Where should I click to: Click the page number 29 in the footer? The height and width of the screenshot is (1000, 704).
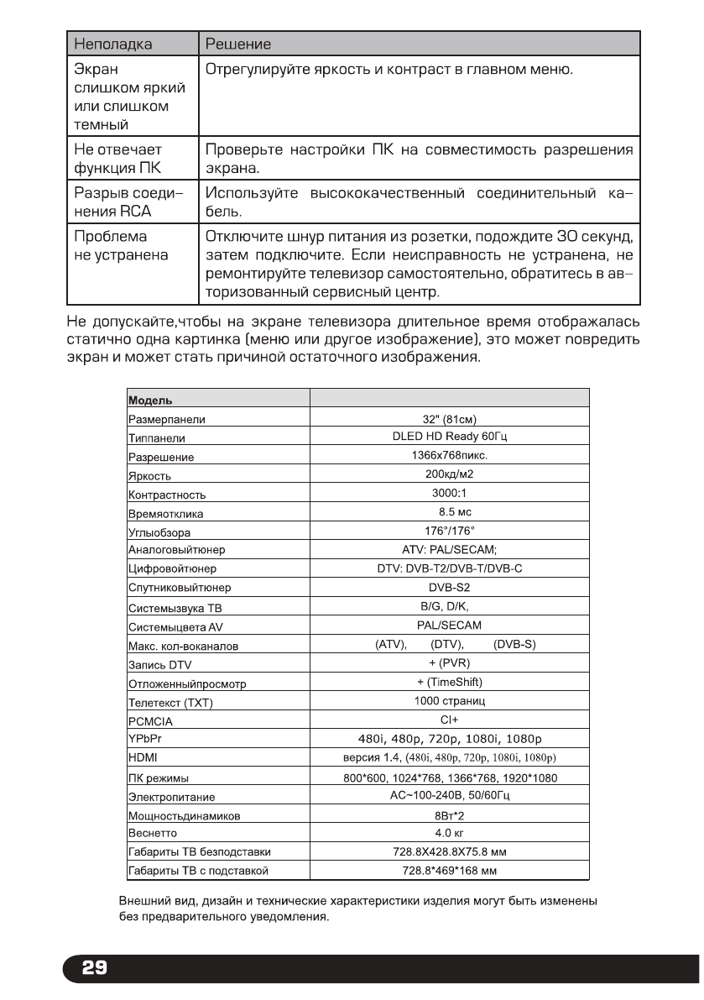coord(93,968)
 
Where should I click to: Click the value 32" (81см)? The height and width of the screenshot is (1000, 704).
coord(450,420)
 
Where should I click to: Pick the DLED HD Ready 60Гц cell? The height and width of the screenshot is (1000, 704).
coord(450,437)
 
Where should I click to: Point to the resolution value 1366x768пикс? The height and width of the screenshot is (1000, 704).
coord(450,456)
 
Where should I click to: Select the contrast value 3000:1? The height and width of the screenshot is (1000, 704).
coord(450,494)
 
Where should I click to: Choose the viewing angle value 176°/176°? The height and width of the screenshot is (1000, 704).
coord(450,530)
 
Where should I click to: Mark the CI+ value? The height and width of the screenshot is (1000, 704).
coord(450,720)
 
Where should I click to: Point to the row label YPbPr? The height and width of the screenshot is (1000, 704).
coord(142,739)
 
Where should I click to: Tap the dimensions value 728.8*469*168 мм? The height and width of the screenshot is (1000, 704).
coord(450,870)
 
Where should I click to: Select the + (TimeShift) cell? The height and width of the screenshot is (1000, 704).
coord(450,681)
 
